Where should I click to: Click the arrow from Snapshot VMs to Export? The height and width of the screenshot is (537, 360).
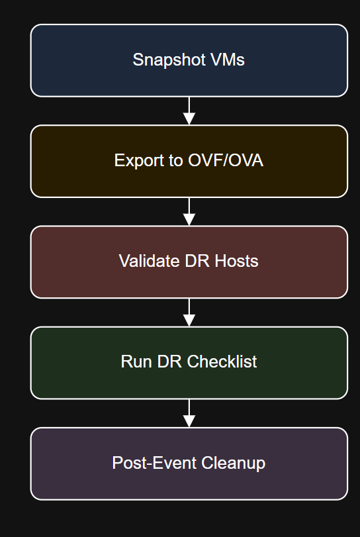(189, 111)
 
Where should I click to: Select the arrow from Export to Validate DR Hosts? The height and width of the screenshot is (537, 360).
(189, 212)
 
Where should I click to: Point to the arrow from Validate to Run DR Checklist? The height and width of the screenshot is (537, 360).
(189, 313)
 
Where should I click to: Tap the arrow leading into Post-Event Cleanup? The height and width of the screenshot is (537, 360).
(189, 413)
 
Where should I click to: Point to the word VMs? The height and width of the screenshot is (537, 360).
(226, 60)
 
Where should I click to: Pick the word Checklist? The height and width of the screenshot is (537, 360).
(222, 362)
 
